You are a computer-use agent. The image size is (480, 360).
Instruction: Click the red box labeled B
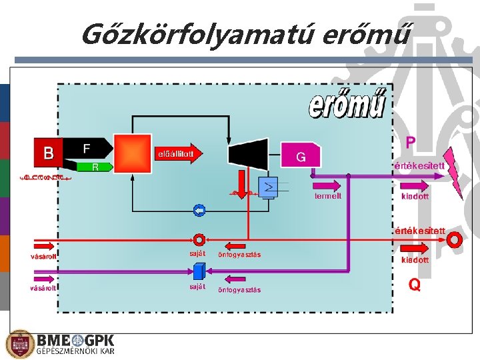(48, 153)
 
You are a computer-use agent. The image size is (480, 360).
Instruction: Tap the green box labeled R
(95, 166)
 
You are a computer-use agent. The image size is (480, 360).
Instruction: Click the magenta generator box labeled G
(301, 156)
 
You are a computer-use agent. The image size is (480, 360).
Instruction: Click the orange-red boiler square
(132, 153)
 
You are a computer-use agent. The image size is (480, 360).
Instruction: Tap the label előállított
(175, 154)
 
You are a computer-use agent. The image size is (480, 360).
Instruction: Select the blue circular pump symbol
(199, 211)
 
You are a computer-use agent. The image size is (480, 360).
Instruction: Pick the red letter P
(411, 142)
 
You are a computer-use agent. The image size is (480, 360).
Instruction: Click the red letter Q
(415, 285)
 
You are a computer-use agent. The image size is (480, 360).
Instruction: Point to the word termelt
(328, 196)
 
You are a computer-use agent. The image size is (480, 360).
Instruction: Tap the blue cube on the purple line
(198, 271)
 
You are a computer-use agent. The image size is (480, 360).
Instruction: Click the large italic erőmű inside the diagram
(347, 104)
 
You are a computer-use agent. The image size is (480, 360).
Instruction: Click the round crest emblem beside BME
(19, 344)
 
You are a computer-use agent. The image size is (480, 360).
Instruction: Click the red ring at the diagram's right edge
(455, 239)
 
